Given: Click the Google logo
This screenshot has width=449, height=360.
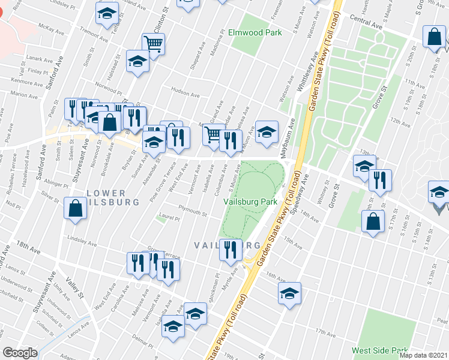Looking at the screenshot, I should (x=20, y=353).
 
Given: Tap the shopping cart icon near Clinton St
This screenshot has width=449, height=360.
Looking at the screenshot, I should (x=153, y=44).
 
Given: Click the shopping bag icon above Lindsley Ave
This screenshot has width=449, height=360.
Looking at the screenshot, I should (x=75, y=209).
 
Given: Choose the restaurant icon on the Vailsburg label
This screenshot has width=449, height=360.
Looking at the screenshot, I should (x=230, y=249).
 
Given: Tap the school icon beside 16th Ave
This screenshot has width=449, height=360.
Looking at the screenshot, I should (x=289, y=293).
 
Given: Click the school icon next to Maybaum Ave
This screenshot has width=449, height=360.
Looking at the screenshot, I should (x=267, y=131).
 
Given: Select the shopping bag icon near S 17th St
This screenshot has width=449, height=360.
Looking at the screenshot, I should (x=373, y=221).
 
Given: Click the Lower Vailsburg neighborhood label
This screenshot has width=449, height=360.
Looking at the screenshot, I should (x=104, y=198).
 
